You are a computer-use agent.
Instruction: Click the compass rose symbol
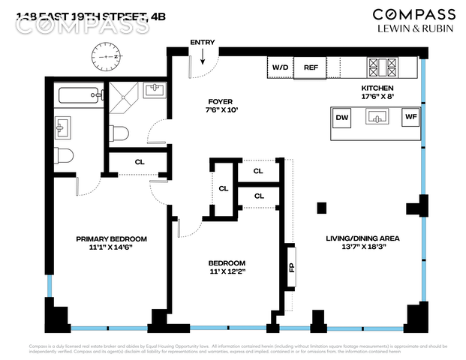tap(107, 56)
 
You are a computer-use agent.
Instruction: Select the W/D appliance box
tap(280, 67)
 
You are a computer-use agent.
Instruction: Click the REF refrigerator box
tap(311, 67)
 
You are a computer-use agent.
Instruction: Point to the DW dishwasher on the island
tap(342, 117)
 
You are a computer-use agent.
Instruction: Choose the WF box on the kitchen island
tap(410, 117)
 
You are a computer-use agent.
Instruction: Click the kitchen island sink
tap(376, 116)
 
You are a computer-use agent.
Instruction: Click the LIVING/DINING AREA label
tap(362, 238)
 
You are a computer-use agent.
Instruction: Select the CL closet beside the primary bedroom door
tap(140, 162)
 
